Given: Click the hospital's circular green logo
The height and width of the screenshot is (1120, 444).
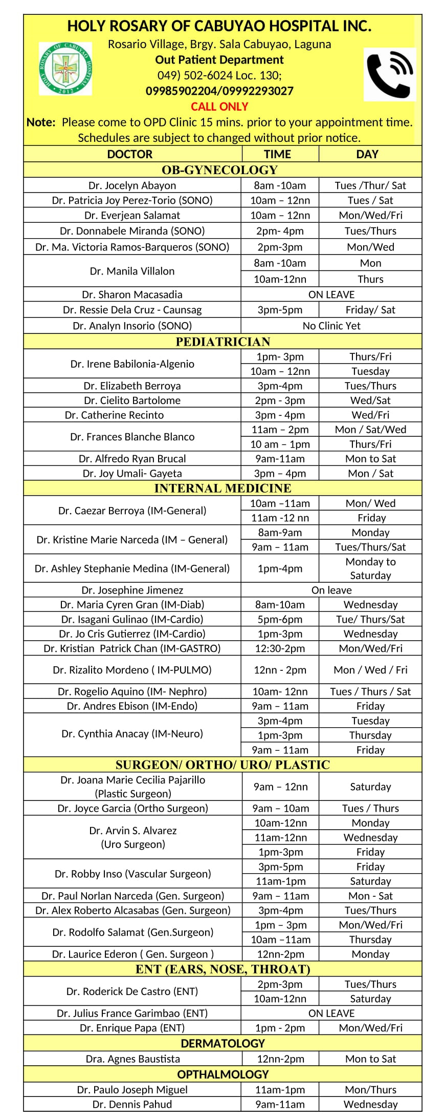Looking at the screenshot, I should point(65,69).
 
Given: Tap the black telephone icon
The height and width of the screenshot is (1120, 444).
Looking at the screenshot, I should point(390,74).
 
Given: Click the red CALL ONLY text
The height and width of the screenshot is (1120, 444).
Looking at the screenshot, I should point(219,107).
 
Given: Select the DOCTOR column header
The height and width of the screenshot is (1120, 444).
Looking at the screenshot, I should point(130,154).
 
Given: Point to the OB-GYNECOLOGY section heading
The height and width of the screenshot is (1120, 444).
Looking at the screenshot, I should point(219,170).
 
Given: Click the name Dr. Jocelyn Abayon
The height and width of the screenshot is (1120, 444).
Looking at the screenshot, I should point(132,185).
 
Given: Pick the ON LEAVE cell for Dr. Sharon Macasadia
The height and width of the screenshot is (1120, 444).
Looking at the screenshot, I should point(331,294).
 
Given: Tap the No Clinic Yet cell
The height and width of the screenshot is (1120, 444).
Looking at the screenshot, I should point(331,326).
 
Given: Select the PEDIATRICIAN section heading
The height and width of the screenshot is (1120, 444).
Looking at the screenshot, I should point(223,342).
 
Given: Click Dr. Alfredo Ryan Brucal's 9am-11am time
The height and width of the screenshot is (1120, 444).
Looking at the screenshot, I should point(280,459).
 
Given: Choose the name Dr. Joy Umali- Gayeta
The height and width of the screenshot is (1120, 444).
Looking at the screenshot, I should point(132,474).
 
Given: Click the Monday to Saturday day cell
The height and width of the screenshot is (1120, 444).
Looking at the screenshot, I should point(370,568).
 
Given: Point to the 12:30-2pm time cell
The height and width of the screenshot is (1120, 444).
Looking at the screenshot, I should point(280,648).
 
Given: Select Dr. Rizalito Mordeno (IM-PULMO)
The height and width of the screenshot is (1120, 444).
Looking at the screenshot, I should point(132,670).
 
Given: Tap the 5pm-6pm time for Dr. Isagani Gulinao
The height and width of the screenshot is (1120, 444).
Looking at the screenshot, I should point(280,619).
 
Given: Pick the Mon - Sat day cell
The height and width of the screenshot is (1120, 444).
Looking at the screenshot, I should point(370,896).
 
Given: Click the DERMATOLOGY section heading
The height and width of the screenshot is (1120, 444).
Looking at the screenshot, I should point(223,1043).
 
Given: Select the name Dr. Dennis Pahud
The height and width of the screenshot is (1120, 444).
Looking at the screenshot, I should point(132,1104).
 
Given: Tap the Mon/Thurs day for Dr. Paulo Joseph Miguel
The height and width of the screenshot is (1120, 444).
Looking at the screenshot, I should point(370,1089).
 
